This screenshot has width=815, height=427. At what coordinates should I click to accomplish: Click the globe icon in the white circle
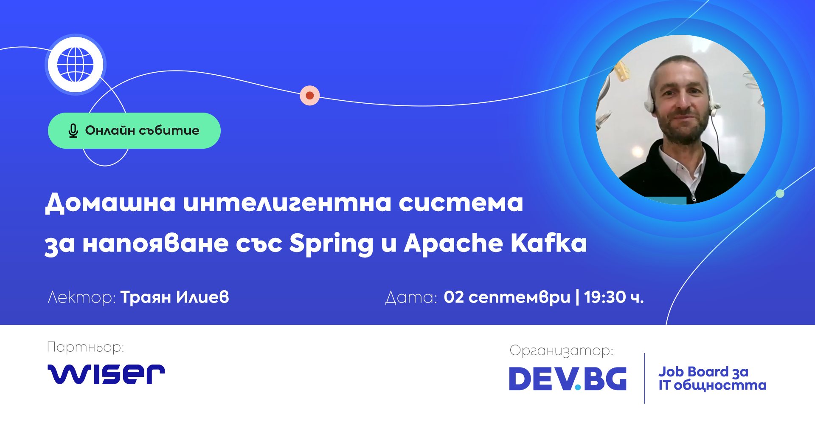click(x=76, y=65)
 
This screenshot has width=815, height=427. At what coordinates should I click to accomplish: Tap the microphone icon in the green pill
click(x=73, y=131)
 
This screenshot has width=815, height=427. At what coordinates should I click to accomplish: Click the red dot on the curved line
click(x=310, y=96)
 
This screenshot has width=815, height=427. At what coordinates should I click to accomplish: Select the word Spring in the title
click(x=331, y=244)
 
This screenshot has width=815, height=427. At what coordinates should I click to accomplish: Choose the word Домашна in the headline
click(x=110, y=203)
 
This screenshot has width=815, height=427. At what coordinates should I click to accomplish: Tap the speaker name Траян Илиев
click(x=175, y=297)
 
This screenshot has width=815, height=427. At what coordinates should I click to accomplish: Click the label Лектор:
click(x=81, y=297)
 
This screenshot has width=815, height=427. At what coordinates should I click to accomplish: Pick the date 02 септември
click(x=507, y=297)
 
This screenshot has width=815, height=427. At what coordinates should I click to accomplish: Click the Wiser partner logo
click(x=106, y=374)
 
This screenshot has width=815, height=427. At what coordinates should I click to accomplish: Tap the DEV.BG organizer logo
click(x=568, y=379)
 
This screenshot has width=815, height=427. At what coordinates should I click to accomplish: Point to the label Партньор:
click(x=85, y=348)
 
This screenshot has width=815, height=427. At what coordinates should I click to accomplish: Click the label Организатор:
click(x=561, y=351)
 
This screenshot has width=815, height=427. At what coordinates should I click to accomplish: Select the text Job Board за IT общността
click(x=712, y=378)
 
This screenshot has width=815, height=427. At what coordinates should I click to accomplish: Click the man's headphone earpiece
click(x=649, y=102)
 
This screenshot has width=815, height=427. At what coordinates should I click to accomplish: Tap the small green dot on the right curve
click(x=780, y=194)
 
